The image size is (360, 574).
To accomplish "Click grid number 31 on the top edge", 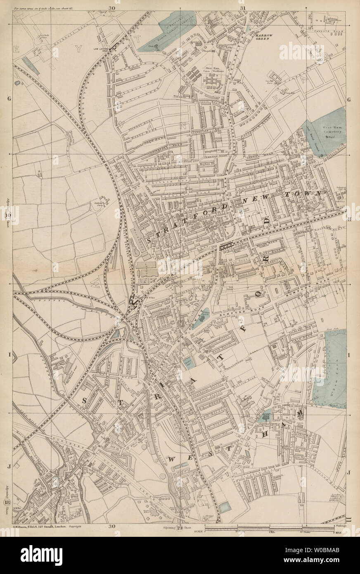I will tap(242, 7).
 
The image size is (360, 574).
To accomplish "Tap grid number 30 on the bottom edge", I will tap(112, 526).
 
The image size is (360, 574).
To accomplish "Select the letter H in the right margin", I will tap(349, 220).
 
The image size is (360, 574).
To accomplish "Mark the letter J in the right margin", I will tap(349, 471).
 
